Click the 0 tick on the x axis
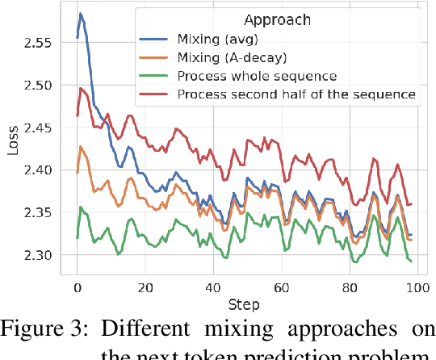tap(77, 288)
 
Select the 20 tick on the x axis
tap(145, 288)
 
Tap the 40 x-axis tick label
tap(213, 288)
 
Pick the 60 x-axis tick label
tap(282, 288)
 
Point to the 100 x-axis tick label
tap(417, 288)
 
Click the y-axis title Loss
tap(11, 144)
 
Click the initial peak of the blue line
tap(81, 14)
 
